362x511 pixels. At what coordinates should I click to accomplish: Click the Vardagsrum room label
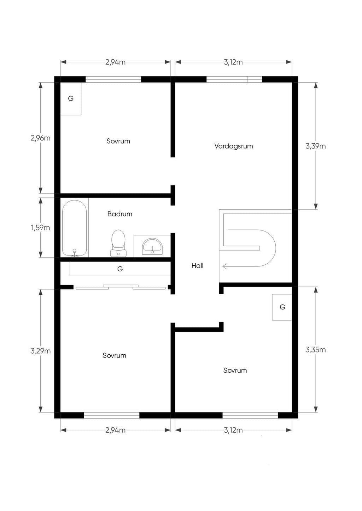pos(234,146)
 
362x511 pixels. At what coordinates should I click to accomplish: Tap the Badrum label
pos(120,214)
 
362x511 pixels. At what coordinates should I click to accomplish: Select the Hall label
pos(198,265)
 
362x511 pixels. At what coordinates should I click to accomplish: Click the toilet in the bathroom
pos(118,243)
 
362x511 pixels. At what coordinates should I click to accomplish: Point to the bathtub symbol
pos(75,228)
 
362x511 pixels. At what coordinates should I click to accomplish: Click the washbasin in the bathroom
pos(152,246)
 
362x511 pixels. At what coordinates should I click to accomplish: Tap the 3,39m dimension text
pos(316,146)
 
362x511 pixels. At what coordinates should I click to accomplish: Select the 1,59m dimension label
pos(40,228)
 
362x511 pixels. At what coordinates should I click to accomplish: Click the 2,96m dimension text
pos(40,138)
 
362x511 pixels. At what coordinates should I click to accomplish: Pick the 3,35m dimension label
pos(316,350)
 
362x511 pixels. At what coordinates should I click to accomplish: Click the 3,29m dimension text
pos(40,351)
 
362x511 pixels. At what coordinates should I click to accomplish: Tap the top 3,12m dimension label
pos(233,62)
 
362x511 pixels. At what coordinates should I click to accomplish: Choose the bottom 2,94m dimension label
pos(115,430)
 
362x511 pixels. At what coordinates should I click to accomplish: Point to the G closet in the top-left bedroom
pos(71,98)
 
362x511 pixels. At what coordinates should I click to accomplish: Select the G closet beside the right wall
pos(282,307)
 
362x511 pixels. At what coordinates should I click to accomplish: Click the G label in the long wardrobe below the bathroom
pos(120,269)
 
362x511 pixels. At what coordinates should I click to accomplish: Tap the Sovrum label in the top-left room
pos(118,141)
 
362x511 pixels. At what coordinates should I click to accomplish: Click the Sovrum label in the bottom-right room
pos(235,370)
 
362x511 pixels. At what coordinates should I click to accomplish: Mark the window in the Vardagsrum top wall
pos(234,79)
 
